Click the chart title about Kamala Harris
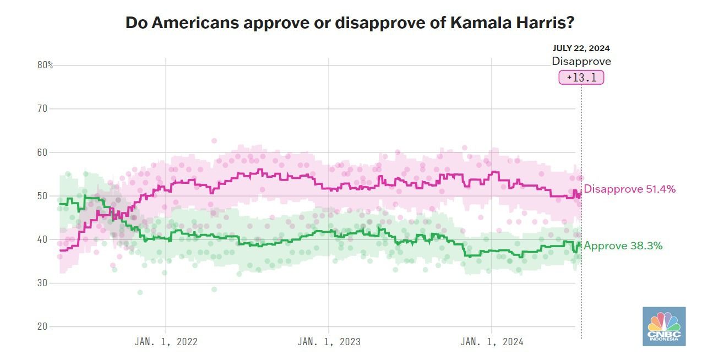[350, 23]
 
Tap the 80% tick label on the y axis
[45, 65]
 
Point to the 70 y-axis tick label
[42, 108]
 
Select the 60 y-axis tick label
[42, 152]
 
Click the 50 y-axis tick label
[42, 195]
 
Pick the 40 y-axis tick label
[42, 239]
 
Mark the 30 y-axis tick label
[42, 282]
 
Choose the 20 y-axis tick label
[42, 326]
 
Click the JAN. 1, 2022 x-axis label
[166, 342]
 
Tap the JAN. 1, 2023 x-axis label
[329, 342]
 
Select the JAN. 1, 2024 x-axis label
[492, 342]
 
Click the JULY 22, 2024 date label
[581, 48]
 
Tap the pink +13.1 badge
[581, 78]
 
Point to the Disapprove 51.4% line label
[629, 189]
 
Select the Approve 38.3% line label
[623, 246]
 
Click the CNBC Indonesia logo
[664, 326]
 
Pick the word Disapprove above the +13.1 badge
[581, 62]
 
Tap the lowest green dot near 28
[140, 292]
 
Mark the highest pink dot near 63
[214, 141]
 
